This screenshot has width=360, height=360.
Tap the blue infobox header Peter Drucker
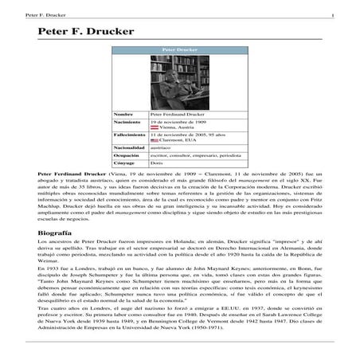[179, 49]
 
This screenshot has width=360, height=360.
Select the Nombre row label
[123, 114]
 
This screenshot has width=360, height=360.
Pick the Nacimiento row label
[127, 122]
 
